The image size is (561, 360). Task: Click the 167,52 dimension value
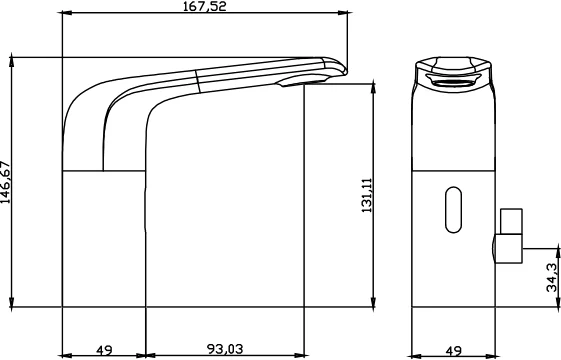pos(205,6)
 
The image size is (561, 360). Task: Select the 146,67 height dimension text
pos(6,182)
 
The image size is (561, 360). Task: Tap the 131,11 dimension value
pos(367,195)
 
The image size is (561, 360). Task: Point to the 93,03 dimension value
pos(225,349)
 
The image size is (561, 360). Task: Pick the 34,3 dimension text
pos(552,277)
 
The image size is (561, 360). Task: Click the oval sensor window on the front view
pos(453,210)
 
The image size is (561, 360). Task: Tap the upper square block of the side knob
pos(511,222)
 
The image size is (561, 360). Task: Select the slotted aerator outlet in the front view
pos(454,83)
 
